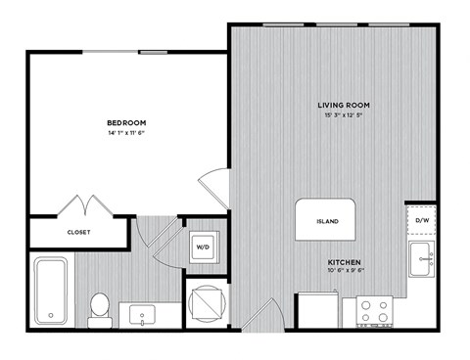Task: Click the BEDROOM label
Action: pos(126,122)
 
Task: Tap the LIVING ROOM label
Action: pos(343,105)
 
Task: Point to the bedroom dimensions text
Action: pos(126,133)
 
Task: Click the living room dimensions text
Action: pos(343,116)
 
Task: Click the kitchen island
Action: pos(328,221)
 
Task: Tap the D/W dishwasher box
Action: pos(422,221)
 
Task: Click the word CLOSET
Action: pos(79,233)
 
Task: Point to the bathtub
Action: pos(51,290)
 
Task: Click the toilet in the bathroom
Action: pos(99,306)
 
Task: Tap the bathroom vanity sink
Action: pos(145,315)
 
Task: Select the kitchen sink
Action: pos(425,259)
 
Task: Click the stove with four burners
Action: pos(374,311)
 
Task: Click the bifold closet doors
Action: pos(89,206)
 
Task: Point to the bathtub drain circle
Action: pos(50,316)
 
